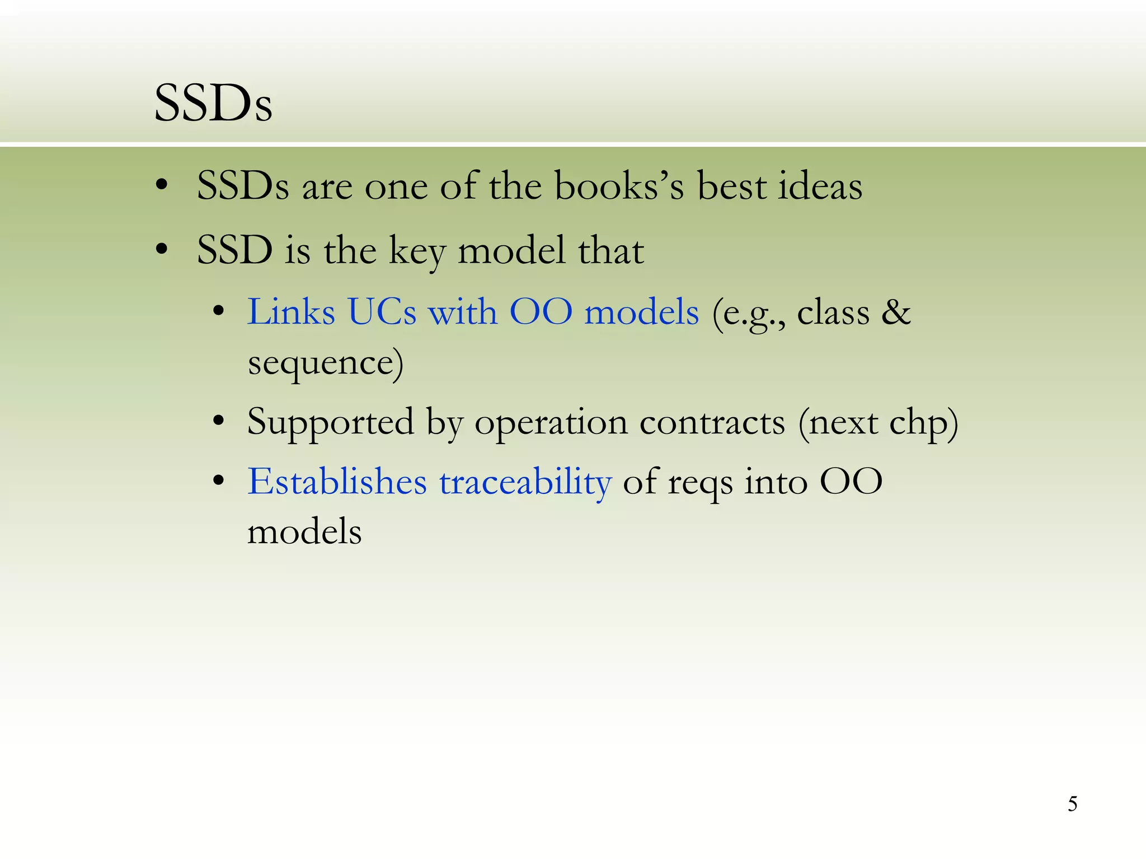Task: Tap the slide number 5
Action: point(1072,804)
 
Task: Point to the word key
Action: point(417,251)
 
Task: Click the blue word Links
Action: point(291,312)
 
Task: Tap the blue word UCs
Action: point(382,312)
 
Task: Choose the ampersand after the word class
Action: point(896,312)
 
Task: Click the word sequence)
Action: point(326,364)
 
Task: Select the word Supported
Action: point(330,423)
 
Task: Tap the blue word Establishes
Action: point(337,482)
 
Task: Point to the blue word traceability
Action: point(525,482)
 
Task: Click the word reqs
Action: point(699,483)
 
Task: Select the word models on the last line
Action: point(304,531)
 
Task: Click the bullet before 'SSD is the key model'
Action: point(162,249)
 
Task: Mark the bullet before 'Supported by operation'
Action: point(219,421)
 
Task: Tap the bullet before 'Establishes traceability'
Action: point(219,480)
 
